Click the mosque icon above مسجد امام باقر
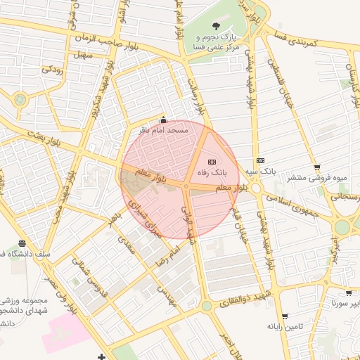pyautogui.click(x=164, y=119)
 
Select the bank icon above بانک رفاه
pyautogui.click(x=213, y=161)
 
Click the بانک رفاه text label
pyautogui.click(x=214, y=172)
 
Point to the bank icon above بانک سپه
pyautogui.click(x=260, y=161)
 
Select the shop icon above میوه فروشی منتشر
pyautogui.click(x=317, y=167)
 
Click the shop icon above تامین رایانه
pyautogui.click(x=284, y=316)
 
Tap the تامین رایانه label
pyautogui.click(x=284, y=326)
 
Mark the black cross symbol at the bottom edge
pyautogui.click(x=102, y=356)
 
